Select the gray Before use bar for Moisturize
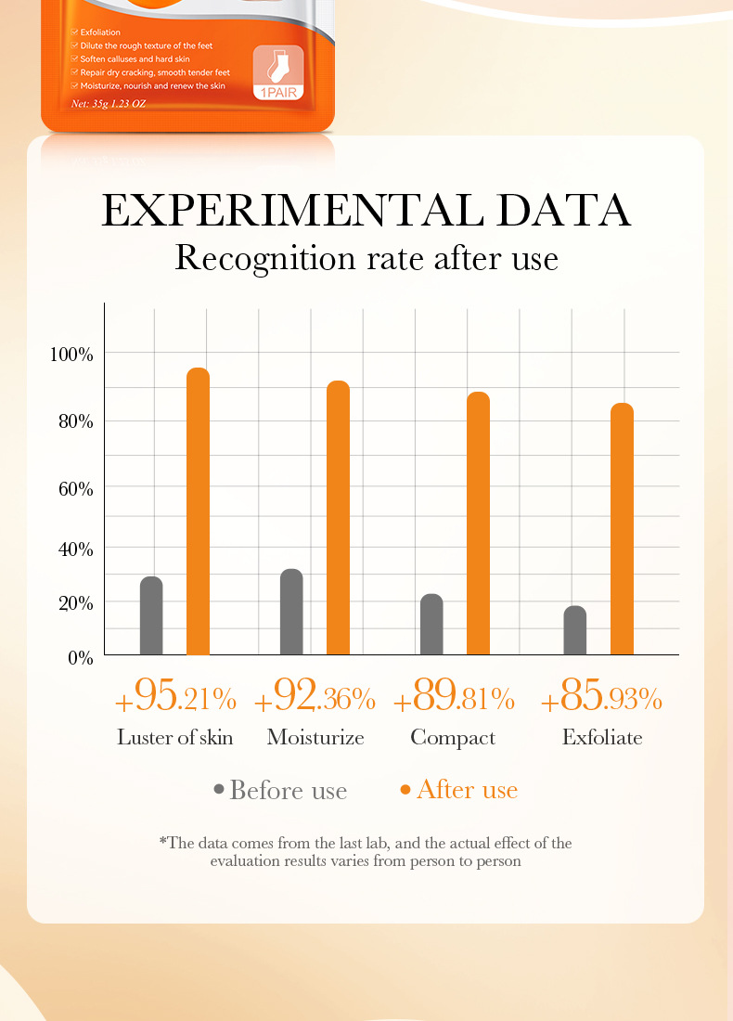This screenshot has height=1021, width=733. [291, 612]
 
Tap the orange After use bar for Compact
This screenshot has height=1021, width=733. [478, 523]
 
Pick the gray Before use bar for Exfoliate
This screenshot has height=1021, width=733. [575, 630]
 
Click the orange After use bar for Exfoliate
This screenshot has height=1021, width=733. [622, 529]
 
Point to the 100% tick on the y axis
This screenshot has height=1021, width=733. [71, 355]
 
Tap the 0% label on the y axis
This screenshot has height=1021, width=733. [82, 659]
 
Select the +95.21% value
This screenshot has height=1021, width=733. [175, 697]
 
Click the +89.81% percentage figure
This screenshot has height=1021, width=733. [454, 697]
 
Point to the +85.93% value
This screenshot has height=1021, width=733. [601, 697]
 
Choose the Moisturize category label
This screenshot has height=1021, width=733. [315, 738]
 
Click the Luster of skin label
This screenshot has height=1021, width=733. [174, 738]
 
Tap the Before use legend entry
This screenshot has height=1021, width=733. [280, 791]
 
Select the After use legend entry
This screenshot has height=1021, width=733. [458, 790]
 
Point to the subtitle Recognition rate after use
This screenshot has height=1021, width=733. [366, 257]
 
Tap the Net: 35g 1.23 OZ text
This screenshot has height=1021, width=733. [109, 103]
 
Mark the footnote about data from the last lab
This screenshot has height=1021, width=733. [366, 852]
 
